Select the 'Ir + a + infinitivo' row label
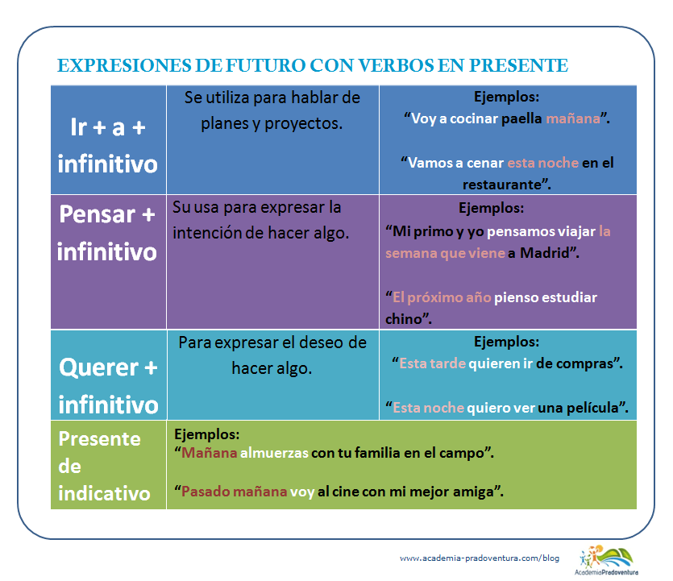pyautogui.click(x=108, y=146)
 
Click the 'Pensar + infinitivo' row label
pyautogui.click(x=107, y=233)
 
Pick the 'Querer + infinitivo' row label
pyautogui.click(x=108, y=386)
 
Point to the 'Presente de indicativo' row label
pyautogui.click(x=104, y=466)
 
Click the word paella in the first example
pyautogui.click(x=521, y=119)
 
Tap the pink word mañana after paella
pyautogui.click(x=573, y=118)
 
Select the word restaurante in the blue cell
pyautogui.click(x=501, y=185)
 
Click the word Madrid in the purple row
pyautogui.click(x=544, y=253)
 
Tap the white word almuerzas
pyautogui.click(x=274, y=453)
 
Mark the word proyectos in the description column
pyautogui.click(x=303, y=124)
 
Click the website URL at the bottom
pyautogui.click(x=480, y=558)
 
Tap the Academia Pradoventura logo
pyautogui.click(x=606, y=560)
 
